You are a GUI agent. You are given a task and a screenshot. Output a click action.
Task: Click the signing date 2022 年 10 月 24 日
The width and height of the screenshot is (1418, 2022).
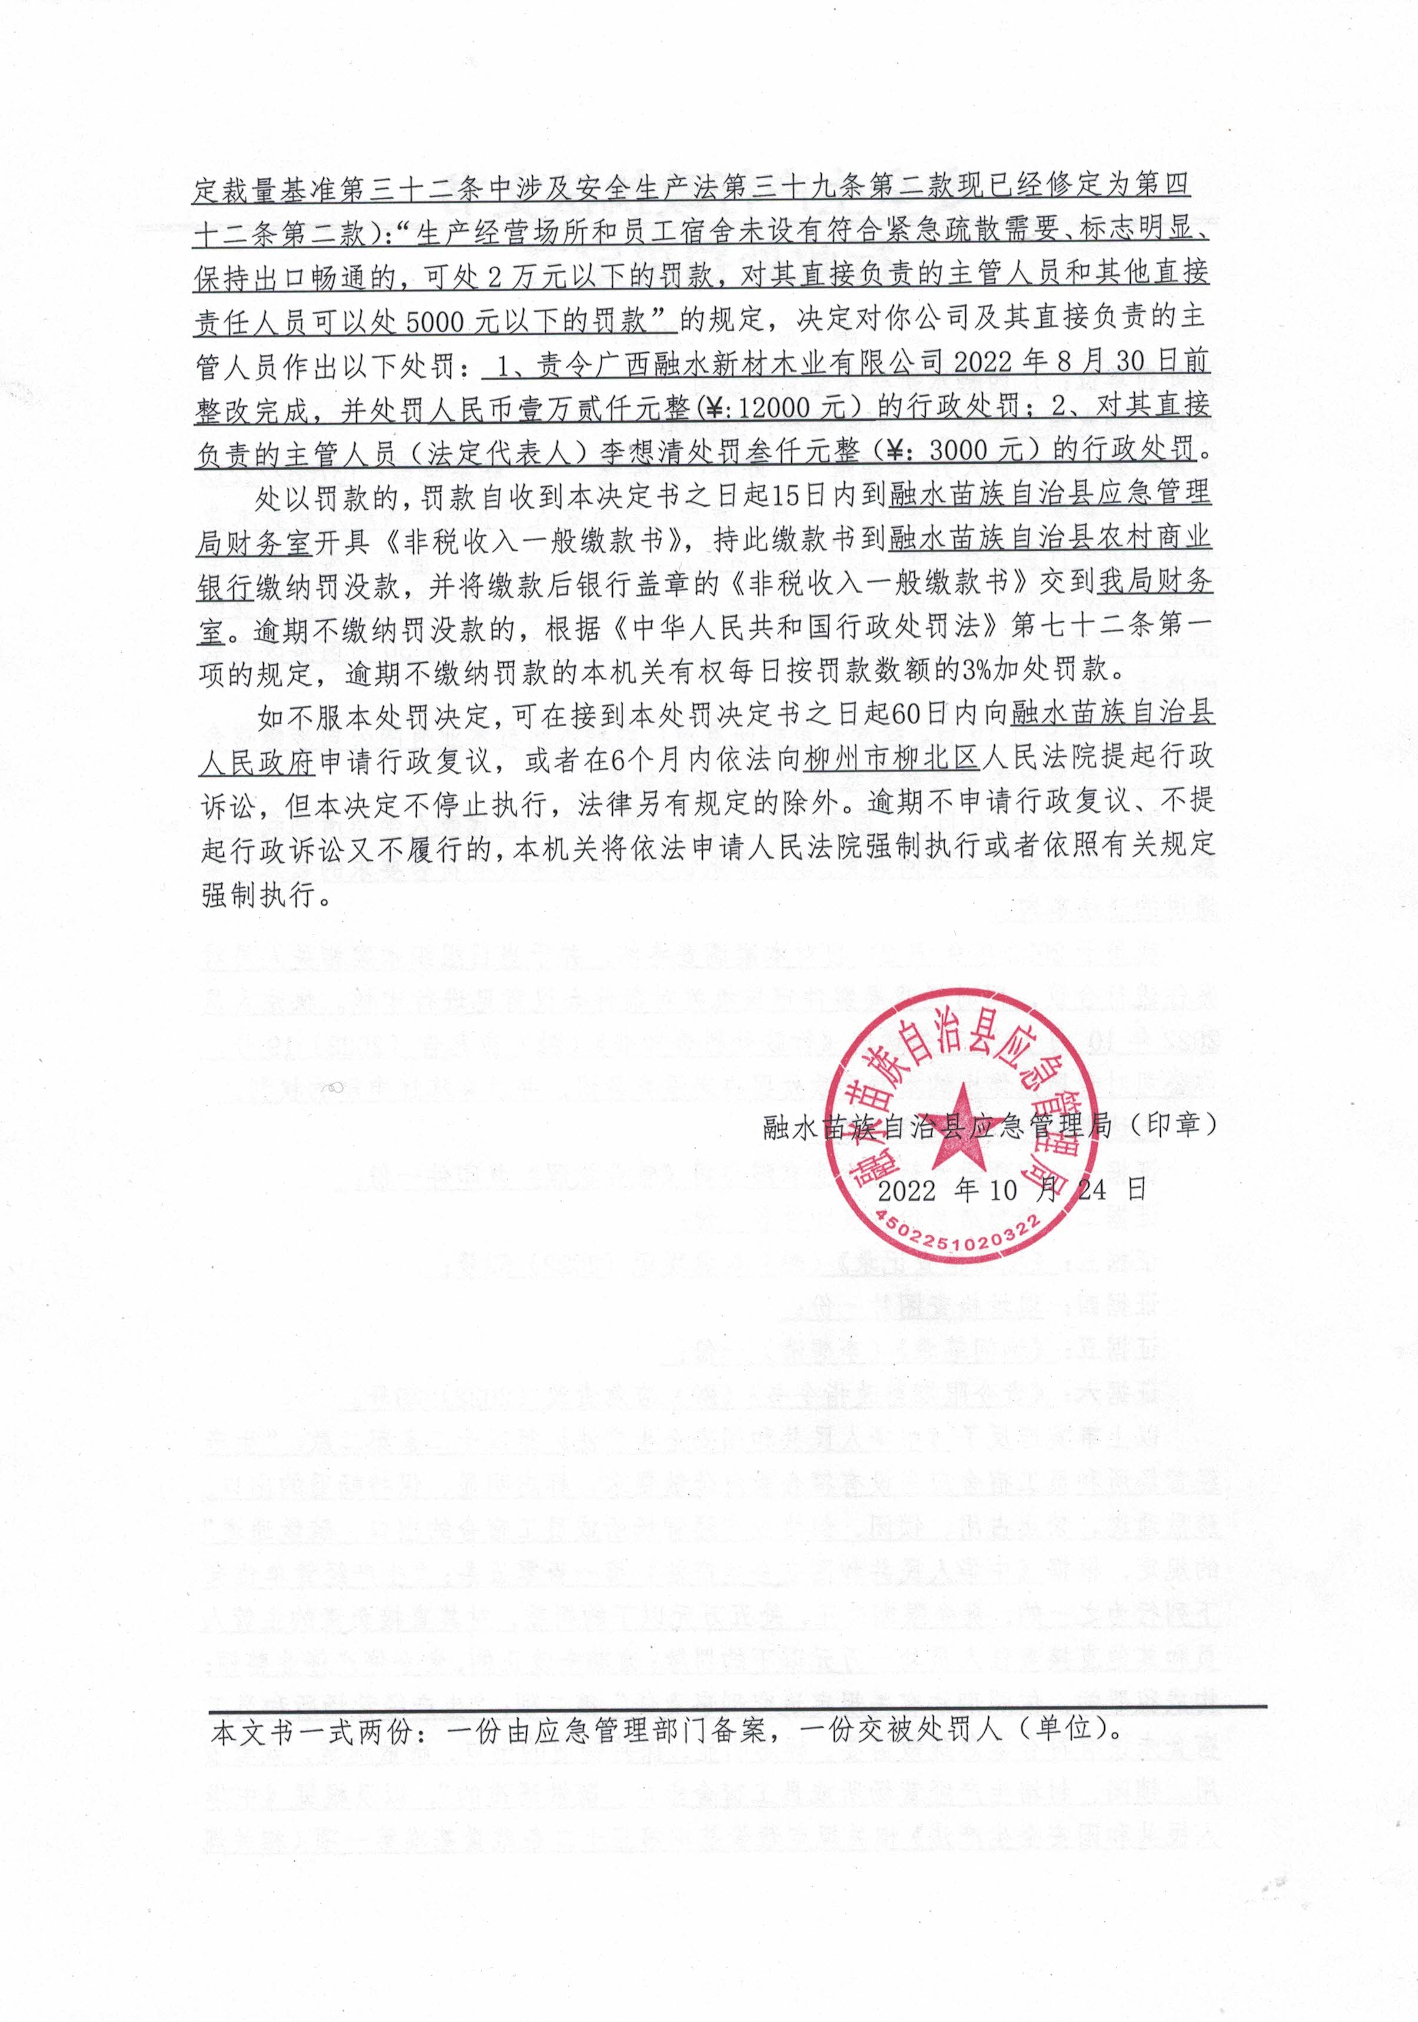click(x=1013, y=1190)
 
